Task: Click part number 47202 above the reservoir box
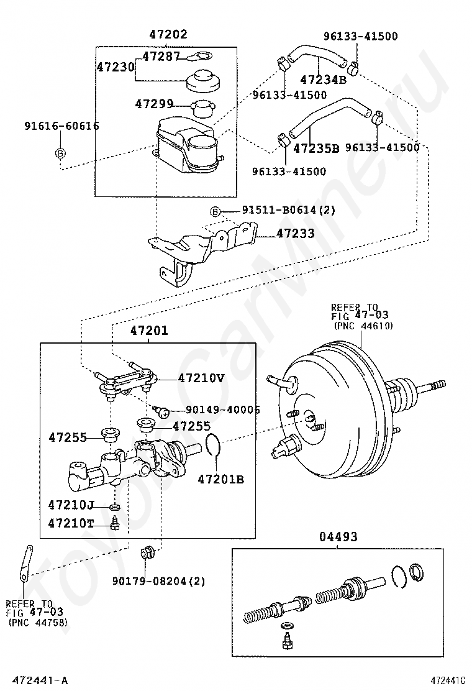click(168, 34)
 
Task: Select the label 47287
click(161, 56)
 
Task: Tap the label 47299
click(154, 104)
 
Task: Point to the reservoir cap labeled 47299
click(202, 108)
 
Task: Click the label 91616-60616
click(61, 126)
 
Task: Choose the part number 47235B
click(316, 148)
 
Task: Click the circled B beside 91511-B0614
click(215, 212)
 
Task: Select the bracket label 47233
click(296, 233)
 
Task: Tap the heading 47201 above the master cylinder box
click(149, 331)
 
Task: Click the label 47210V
click(201, 378)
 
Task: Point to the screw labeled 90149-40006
click(161, 411)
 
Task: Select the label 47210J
click(71, 504)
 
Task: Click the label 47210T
click(71, 523)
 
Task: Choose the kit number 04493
click(338, 537)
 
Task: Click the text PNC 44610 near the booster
click(363, 326)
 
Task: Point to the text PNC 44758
click(39, 622)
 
